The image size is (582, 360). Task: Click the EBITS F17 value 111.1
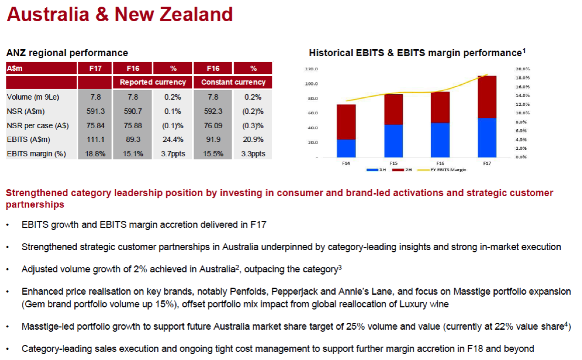pyautogui.click(x=95, y=140)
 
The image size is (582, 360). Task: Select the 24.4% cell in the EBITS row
pyautogui.click(x=173, y=140)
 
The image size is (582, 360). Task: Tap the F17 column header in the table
pyautogui.click(x=95, y=68)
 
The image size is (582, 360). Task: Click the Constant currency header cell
pyautogui.click(x=233, y=82)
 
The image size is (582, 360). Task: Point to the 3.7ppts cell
pyautogui.click(x=173, y=154)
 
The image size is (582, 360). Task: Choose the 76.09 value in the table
pyautogui.click(x=213, y=125)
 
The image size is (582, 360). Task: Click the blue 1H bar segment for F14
pyautogui.click(x=346, y=148)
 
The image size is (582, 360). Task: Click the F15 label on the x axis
pyautogui.click(x=394, y=163)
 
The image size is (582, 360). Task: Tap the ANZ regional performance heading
pyautogui.click(x=67, y=53)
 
